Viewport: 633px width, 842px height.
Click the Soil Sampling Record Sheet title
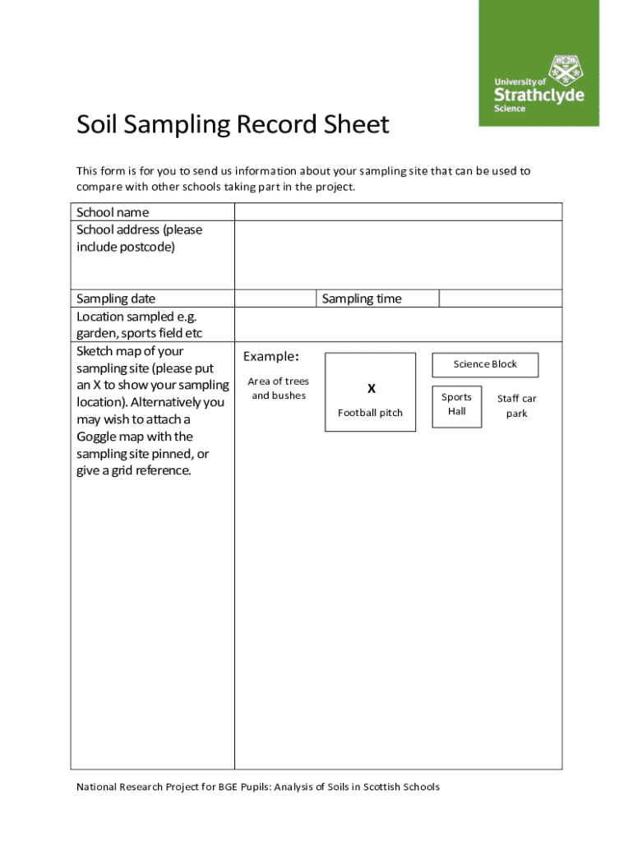(x=233, y=126)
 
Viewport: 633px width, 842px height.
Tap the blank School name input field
(x=398, y=212)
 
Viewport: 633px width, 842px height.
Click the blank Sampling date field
(x=275, y=298)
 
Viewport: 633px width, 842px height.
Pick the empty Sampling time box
(x=500, y=298)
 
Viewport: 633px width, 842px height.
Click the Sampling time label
(x=362, y=298)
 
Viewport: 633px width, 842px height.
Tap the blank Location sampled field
(x=398, y=325)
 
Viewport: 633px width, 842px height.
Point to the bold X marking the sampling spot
(x=371, y=389)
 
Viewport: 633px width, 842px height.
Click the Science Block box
(x=486, y=364)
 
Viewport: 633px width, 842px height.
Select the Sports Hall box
(x=457, y=405)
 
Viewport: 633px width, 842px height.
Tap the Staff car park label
(x=516, y=406)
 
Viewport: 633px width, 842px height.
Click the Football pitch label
(x=370, y=413)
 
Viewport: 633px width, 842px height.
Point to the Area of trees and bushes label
(x=278, y=388)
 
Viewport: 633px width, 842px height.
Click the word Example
(x=270, y=357)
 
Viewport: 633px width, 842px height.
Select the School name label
(x=113, y=212)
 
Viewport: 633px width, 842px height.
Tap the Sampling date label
(x=116, y=298)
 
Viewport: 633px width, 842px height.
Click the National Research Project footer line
(x=258, y=787)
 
